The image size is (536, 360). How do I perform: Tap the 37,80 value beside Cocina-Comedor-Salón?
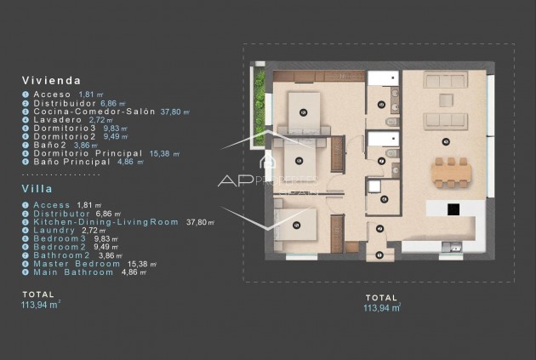(176, 111)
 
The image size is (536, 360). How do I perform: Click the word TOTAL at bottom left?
(38, 294)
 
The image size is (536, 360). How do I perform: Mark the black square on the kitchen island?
(453, 209)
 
